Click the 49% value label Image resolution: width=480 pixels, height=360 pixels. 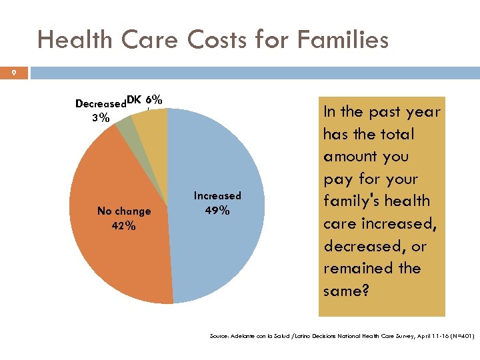217,211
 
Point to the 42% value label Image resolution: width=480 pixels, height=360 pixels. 124,226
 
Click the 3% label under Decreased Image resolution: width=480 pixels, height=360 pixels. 101,118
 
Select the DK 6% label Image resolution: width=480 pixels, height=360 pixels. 145,100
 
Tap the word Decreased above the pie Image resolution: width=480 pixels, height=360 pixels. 101,104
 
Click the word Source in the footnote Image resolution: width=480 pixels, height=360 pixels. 218,337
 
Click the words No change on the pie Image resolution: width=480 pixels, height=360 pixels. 124,211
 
